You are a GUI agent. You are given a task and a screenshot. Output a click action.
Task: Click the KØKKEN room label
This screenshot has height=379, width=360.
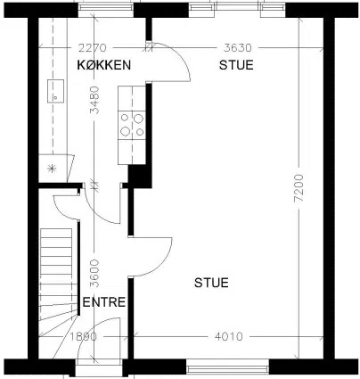click(x=104, y=65)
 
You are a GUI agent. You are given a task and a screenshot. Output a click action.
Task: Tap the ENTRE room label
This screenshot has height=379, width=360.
click(x=104, y=302)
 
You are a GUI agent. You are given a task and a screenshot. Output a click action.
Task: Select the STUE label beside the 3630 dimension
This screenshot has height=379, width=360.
click(x=236, y=65)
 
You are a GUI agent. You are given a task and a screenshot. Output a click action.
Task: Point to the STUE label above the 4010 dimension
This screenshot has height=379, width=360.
click(x=211, y=283)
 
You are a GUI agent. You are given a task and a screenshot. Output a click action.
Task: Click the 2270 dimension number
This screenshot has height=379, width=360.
click(x=92, y=48)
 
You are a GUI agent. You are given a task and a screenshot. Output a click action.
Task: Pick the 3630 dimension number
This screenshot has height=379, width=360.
click(x=238, y=48)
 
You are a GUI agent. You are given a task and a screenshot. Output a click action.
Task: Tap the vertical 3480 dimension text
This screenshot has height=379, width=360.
click(x=94, y=100)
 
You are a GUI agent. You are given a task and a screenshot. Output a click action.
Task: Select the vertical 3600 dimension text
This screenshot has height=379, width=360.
click(x=94, y=273)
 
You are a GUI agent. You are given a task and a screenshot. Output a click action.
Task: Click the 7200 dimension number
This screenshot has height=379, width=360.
click(x=299, y=188)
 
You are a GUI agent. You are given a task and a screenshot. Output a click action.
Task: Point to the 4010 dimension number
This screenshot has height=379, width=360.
click(x=229, y=336)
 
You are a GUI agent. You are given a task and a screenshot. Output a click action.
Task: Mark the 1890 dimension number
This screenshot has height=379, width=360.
click(x=84, y=336)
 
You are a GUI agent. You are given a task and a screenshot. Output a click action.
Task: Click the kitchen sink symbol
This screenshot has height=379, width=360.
click(x=56, y=91)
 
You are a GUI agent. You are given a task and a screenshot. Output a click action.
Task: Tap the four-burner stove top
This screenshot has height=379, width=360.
click(x=132, y=125)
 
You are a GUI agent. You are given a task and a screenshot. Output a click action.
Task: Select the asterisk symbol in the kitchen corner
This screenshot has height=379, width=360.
click(x=52, y=169)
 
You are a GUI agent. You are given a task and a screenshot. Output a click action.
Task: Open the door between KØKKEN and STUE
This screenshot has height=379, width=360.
click(x=168, y=62)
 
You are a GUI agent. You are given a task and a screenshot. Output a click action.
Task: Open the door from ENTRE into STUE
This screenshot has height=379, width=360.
click(x=151, y=257)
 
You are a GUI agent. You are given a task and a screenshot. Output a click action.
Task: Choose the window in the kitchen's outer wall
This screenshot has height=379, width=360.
click(x=106, y=10)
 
